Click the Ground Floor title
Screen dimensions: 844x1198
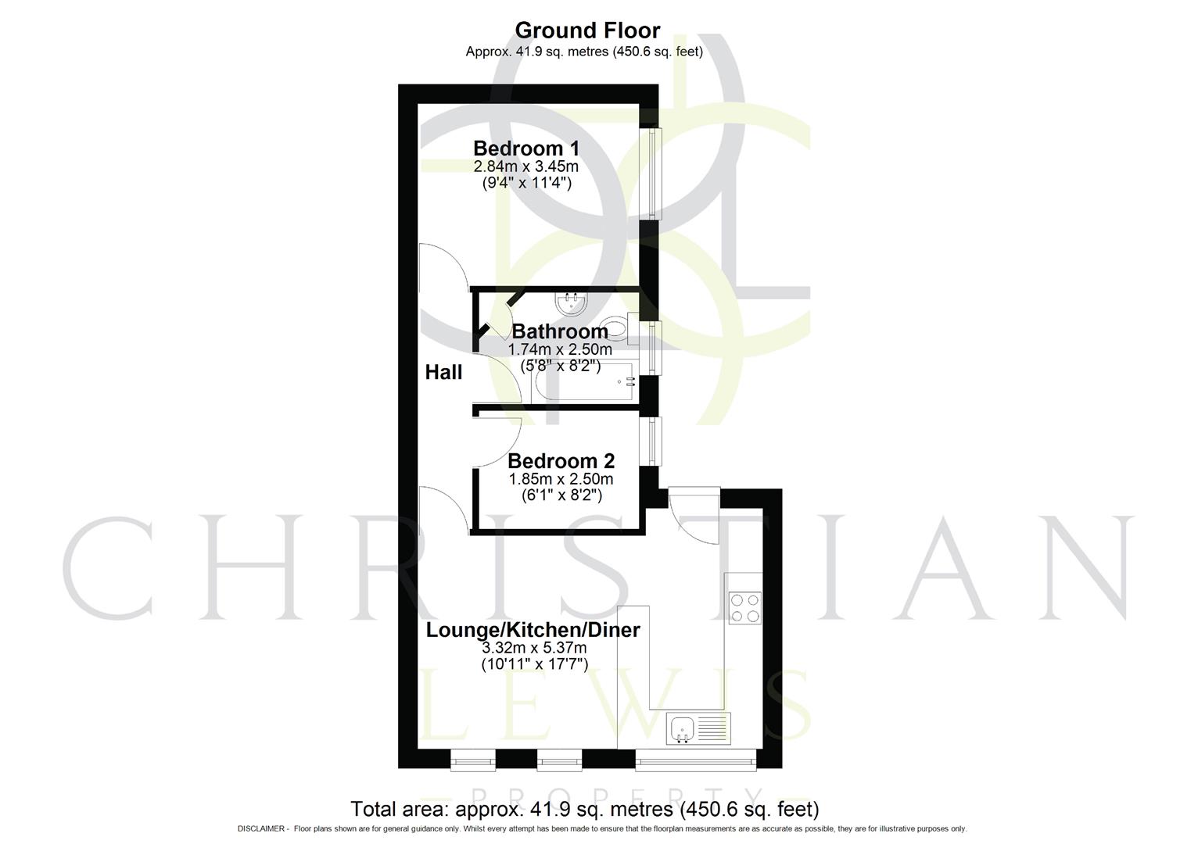point(587,30)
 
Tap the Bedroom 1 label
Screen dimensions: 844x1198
point(526,148)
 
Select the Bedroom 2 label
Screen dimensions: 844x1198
point(561,460)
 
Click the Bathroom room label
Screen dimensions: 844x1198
point(560,331)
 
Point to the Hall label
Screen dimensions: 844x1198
point(443,372)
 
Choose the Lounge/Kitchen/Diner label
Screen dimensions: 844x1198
point(533,630)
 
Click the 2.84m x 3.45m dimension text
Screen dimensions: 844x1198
point(526,166)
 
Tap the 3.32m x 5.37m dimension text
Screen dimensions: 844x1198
point(534,648)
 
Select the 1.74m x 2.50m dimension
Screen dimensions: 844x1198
point(560,349)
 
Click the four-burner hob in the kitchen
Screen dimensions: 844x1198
point(744,608)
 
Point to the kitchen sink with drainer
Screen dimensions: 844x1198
point(698,728)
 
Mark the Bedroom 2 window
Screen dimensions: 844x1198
point(651,442)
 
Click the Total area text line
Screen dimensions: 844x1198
point(585,808)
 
